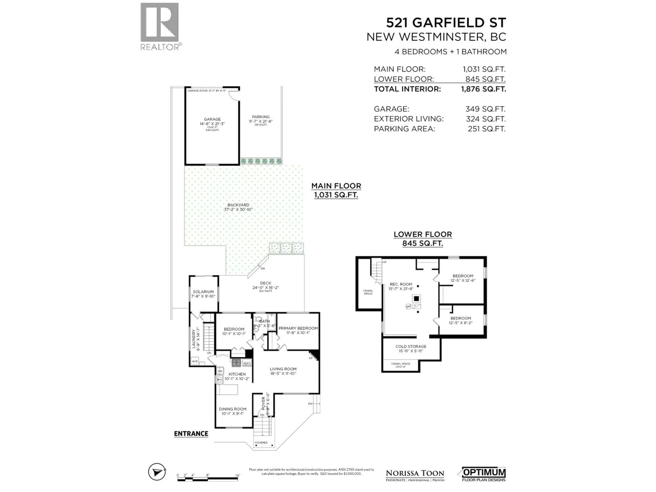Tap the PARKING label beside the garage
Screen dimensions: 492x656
pos(261,117)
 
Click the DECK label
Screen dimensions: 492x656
pos(265,283)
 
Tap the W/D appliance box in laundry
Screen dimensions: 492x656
pos(195,361)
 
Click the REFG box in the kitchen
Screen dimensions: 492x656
pos(247,363)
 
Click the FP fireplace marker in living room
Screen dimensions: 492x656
pos(311,358)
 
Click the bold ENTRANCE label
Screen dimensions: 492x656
pos(191,434)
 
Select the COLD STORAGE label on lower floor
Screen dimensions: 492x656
pos(411,346)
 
